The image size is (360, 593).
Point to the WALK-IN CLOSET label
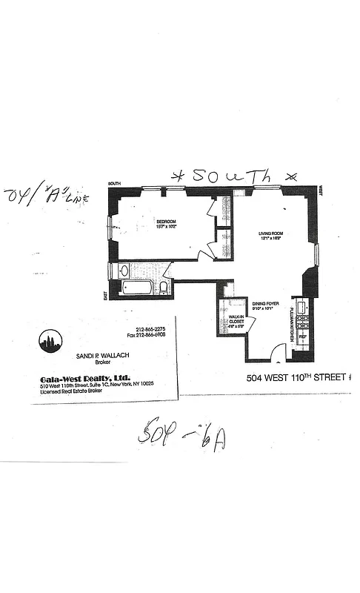pos(236,320)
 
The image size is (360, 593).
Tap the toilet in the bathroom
pos(164,287)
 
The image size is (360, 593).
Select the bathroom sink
pos(124,271)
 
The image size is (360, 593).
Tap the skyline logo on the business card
pos(50,342)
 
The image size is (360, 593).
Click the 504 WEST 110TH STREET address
pos(296,377)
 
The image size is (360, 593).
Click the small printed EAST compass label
pos(104,295)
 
